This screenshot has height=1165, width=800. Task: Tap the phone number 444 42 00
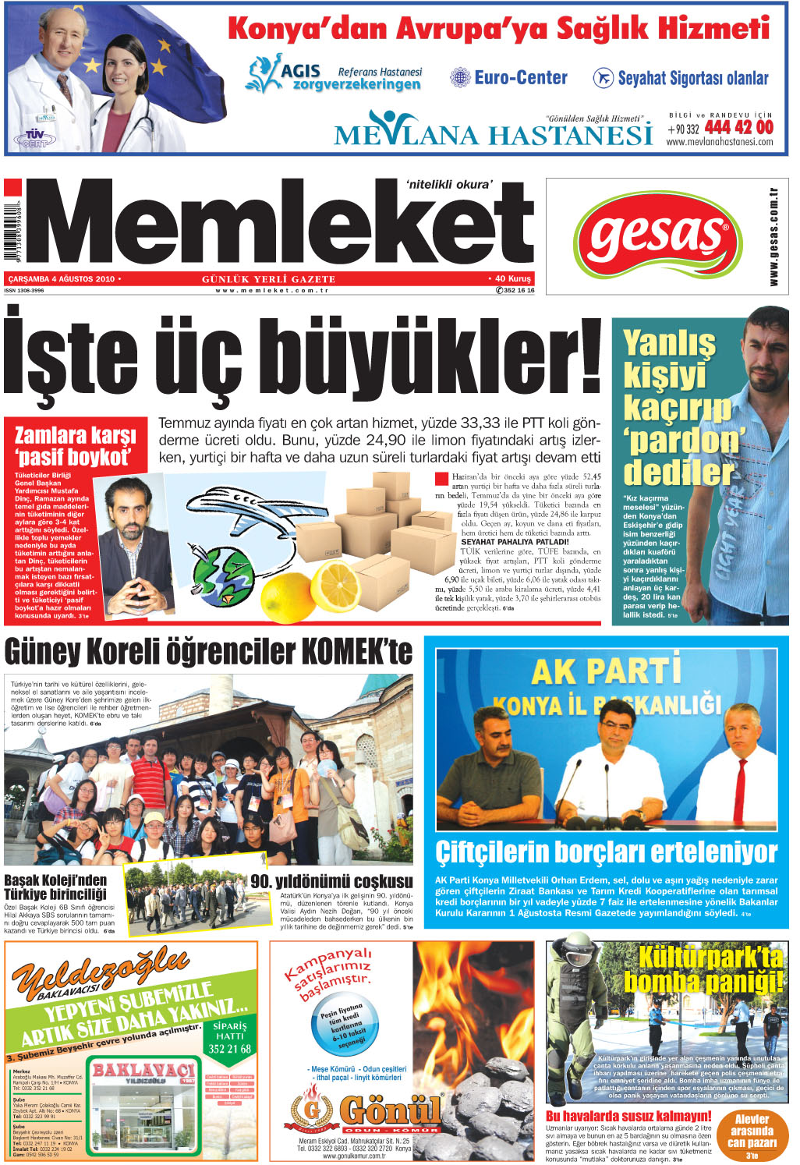[738, 127]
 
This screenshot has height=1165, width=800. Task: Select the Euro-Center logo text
[520, 77]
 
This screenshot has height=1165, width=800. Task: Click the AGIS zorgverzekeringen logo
[335, 75]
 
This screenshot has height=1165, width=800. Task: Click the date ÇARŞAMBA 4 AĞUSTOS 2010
[61, 278]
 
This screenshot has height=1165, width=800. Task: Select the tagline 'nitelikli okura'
[449, 185]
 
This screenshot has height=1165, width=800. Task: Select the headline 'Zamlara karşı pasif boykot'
[76, 445]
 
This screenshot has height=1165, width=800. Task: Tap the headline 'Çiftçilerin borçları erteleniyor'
[606, 852]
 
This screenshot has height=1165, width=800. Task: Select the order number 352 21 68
[229, 1049]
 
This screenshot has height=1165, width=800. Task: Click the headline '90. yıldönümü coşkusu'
[331, 880]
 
